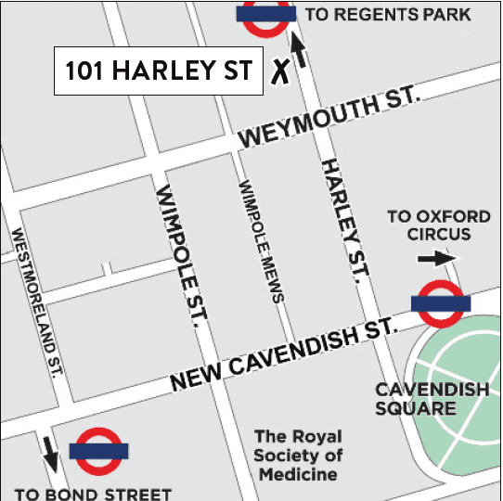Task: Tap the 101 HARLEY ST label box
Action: tap(158, 71)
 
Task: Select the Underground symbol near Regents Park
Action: tap(266, 16)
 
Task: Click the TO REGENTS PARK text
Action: tap(388, 14)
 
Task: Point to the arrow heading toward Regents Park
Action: tap(299, 51)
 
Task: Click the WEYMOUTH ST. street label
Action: tap(329, 119)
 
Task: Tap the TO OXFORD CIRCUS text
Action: tap(438, 225)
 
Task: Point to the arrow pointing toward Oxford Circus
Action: tap(437, 259)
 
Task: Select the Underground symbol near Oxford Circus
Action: tap(440, 303)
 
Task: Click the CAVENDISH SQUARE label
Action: tap(431, 399)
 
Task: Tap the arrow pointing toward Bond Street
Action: tap(49, 454)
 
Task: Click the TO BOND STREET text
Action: tap(93, 493)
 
